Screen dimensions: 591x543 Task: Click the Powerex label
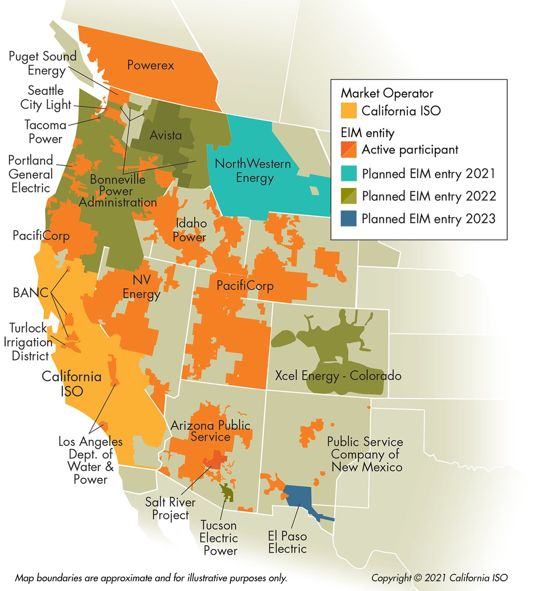(151, 65)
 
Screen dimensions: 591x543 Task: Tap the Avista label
(165, 135)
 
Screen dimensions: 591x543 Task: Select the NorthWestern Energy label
(253, 171)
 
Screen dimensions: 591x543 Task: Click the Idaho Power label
(190, 230)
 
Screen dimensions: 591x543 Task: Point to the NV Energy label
(141, 287)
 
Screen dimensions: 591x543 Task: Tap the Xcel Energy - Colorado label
(338, 376)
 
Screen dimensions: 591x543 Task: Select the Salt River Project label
(170, 508)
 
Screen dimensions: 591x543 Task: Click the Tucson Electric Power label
(219, 538)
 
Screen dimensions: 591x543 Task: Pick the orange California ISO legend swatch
(349, 111)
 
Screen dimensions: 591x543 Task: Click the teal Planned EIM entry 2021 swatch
(349, 173)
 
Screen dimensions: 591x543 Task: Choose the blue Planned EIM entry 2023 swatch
(349, 218)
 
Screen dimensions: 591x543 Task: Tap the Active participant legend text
(410, 150)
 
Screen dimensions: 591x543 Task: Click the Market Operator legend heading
(387, 93)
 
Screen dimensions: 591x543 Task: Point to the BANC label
(30, 292)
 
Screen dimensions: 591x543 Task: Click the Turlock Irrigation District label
(28, 342)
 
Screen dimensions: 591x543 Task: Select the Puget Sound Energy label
(42, 63)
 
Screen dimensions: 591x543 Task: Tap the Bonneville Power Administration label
(117, 191)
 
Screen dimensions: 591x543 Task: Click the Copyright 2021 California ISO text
(439, 578)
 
